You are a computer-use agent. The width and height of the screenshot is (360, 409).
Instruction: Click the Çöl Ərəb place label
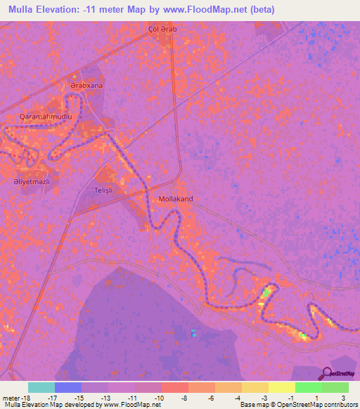[x=160, y=29]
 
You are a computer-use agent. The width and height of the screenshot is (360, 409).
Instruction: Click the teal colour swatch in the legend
[x=41, y=387]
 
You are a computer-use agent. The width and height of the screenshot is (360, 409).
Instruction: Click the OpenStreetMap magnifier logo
[x=328, y=372]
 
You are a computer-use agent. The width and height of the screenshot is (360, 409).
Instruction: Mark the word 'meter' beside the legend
[x=11, y=397]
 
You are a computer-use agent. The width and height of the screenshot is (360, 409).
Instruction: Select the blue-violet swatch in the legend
[x=68, y=387]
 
